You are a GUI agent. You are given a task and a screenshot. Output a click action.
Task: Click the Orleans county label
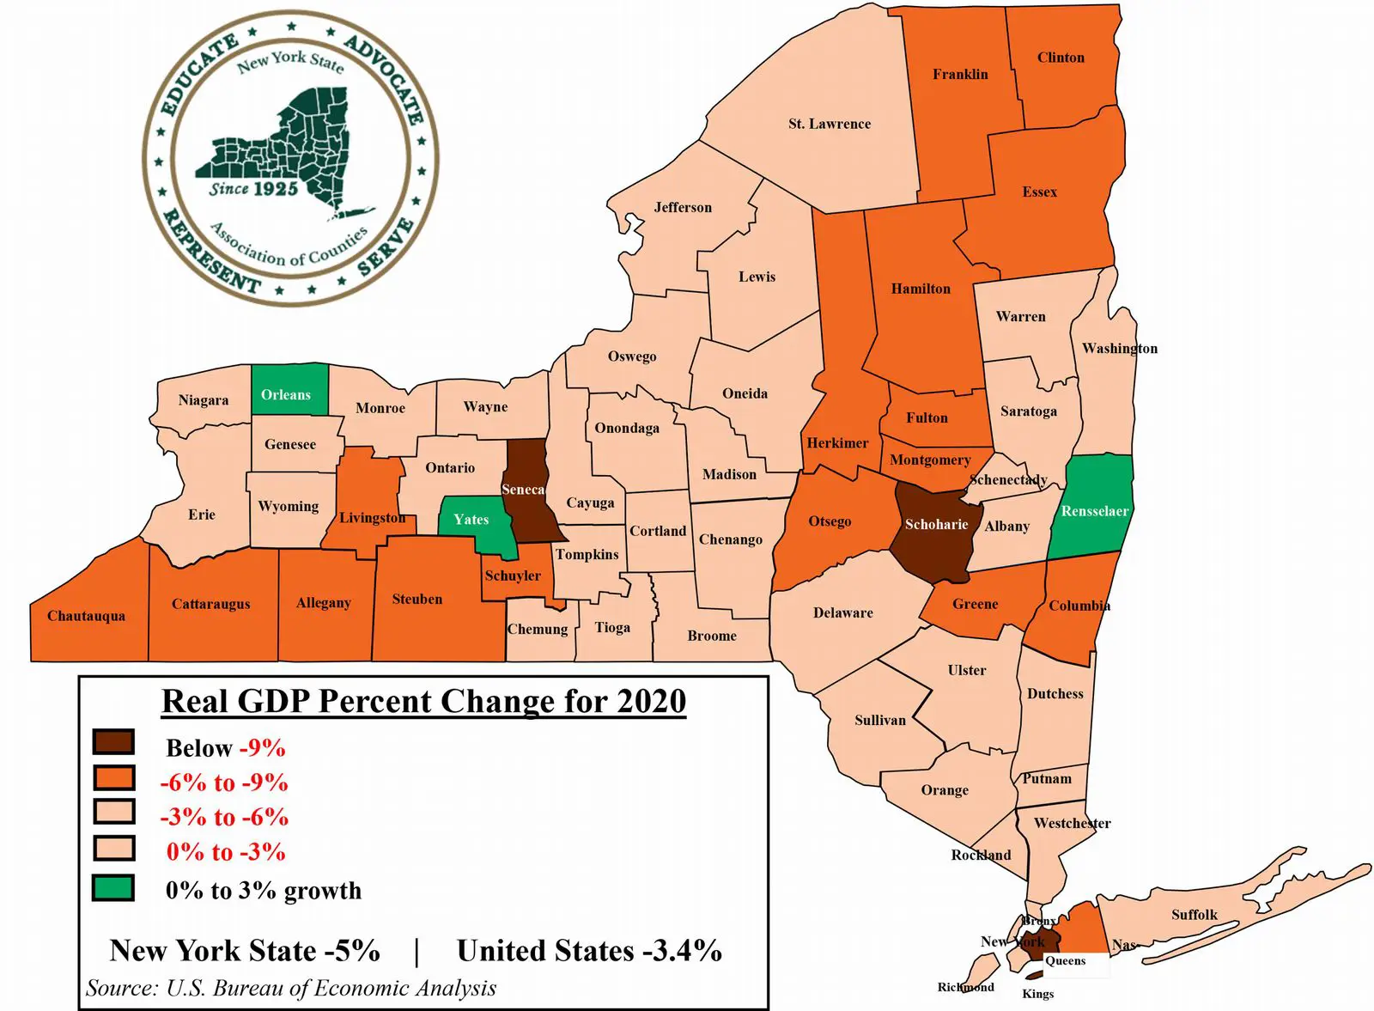tap(286, 395)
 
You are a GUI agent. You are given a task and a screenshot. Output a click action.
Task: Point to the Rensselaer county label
tap(1095, 512)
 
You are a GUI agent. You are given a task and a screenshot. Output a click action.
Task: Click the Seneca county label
tap(523, 490)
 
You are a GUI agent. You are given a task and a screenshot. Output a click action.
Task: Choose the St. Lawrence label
tap(830, 124)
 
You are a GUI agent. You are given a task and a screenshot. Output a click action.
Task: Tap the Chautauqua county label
tap(86, 616)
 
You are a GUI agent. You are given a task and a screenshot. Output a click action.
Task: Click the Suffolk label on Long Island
tap(1195, 915)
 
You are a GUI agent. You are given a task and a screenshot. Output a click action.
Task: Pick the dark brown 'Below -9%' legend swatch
tap(113, 742)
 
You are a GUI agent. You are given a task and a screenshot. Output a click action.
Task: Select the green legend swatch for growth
tap(113, 888)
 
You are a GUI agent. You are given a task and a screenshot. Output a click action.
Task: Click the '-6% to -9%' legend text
tap(224, 783)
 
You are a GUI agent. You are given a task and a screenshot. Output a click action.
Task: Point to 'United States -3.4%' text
tap(589, 951)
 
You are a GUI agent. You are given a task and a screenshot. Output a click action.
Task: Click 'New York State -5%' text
tap(245, 951)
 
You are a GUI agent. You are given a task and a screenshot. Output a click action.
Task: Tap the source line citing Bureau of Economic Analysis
tap(291, 988)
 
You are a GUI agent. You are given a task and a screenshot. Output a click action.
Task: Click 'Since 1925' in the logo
tap(254, 188)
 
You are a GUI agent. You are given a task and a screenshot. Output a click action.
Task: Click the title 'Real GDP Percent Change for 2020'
tap(424, 702)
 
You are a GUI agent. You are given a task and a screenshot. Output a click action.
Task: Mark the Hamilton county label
tap(921, 289)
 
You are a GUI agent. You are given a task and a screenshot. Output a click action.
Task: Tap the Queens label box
tap(1066, 961)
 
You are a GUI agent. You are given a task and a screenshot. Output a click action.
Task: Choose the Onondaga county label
tap(627, 428)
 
